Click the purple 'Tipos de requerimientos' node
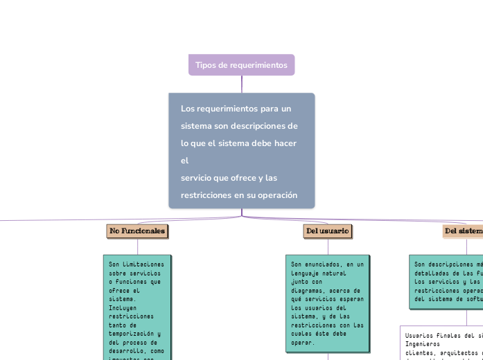pyautogui.click(x=241, y=65)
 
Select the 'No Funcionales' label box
pyautogui.click(x=137, y=231)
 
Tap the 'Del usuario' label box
pyautogui.click(x=327, y=231)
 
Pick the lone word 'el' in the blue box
pyautogui.click(x=184, y=161)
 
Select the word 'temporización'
pyautogui.click(x=134, y=333)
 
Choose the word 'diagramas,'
pyautogui.click(x=308, y=291)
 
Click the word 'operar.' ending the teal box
pyautogui.click(x=303, y=342)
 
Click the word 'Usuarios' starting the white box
pyautogui.click(x=419, y=335)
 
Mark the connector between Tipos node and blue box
pyautogui.click(x=242, y=84)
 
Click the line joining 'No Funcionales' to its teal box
pyautogui.click(x=138, y=246)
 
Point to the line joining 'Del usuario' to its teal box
pyautogui.click(x=328, y=246)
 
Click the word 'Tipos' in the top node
pyautogui.click(x=206, y=65)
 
